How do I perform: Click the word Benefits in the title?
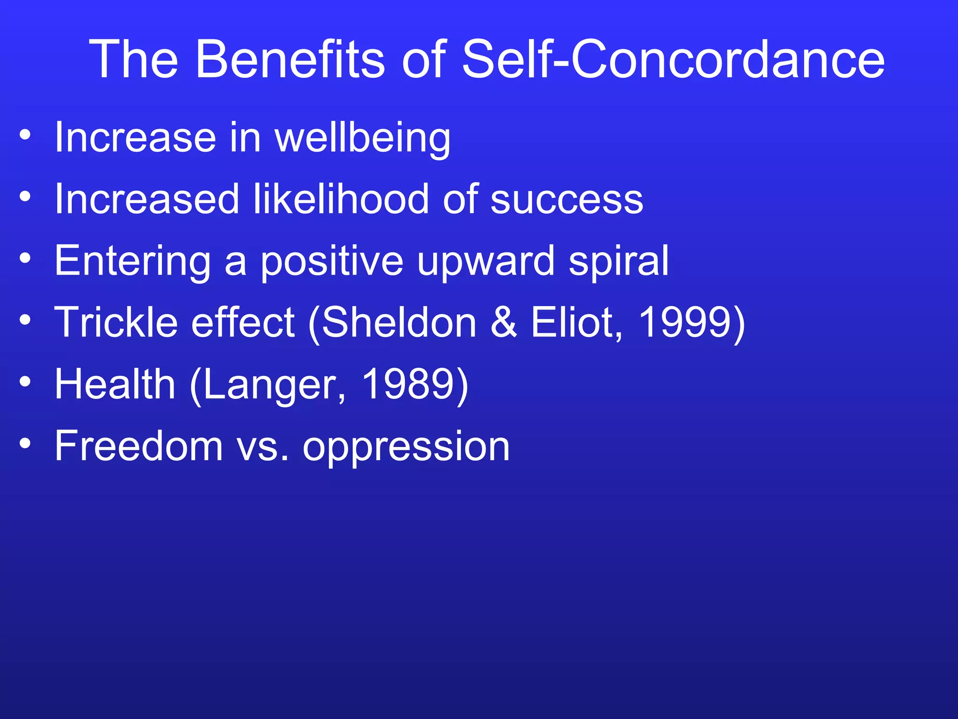pyautogui.click(x=290, y=60)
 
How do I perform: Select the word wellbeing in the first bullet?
pyautogui.click(x=363, y=139)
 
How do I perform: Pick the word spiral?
pyautogui.click(x=618, y=262)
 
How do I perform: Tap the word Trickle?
pyautogui.click(x=116, y=322)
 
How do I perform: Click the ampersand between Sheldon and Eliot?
pyautogui.click(x=504, y=322)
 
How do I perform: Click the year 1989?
pyautogui.click(x=408, y=384)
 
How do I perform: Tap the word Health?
pyautogui.click(x=115, y=384)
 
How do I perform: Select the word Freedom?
pyautogui.click(x=138, y=446)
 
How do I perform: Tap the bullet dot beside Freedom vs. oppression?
pyautogui.click(x=25, y=443)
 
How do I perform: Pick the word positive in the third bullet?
pyautogui.click(x=332, y=262)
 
